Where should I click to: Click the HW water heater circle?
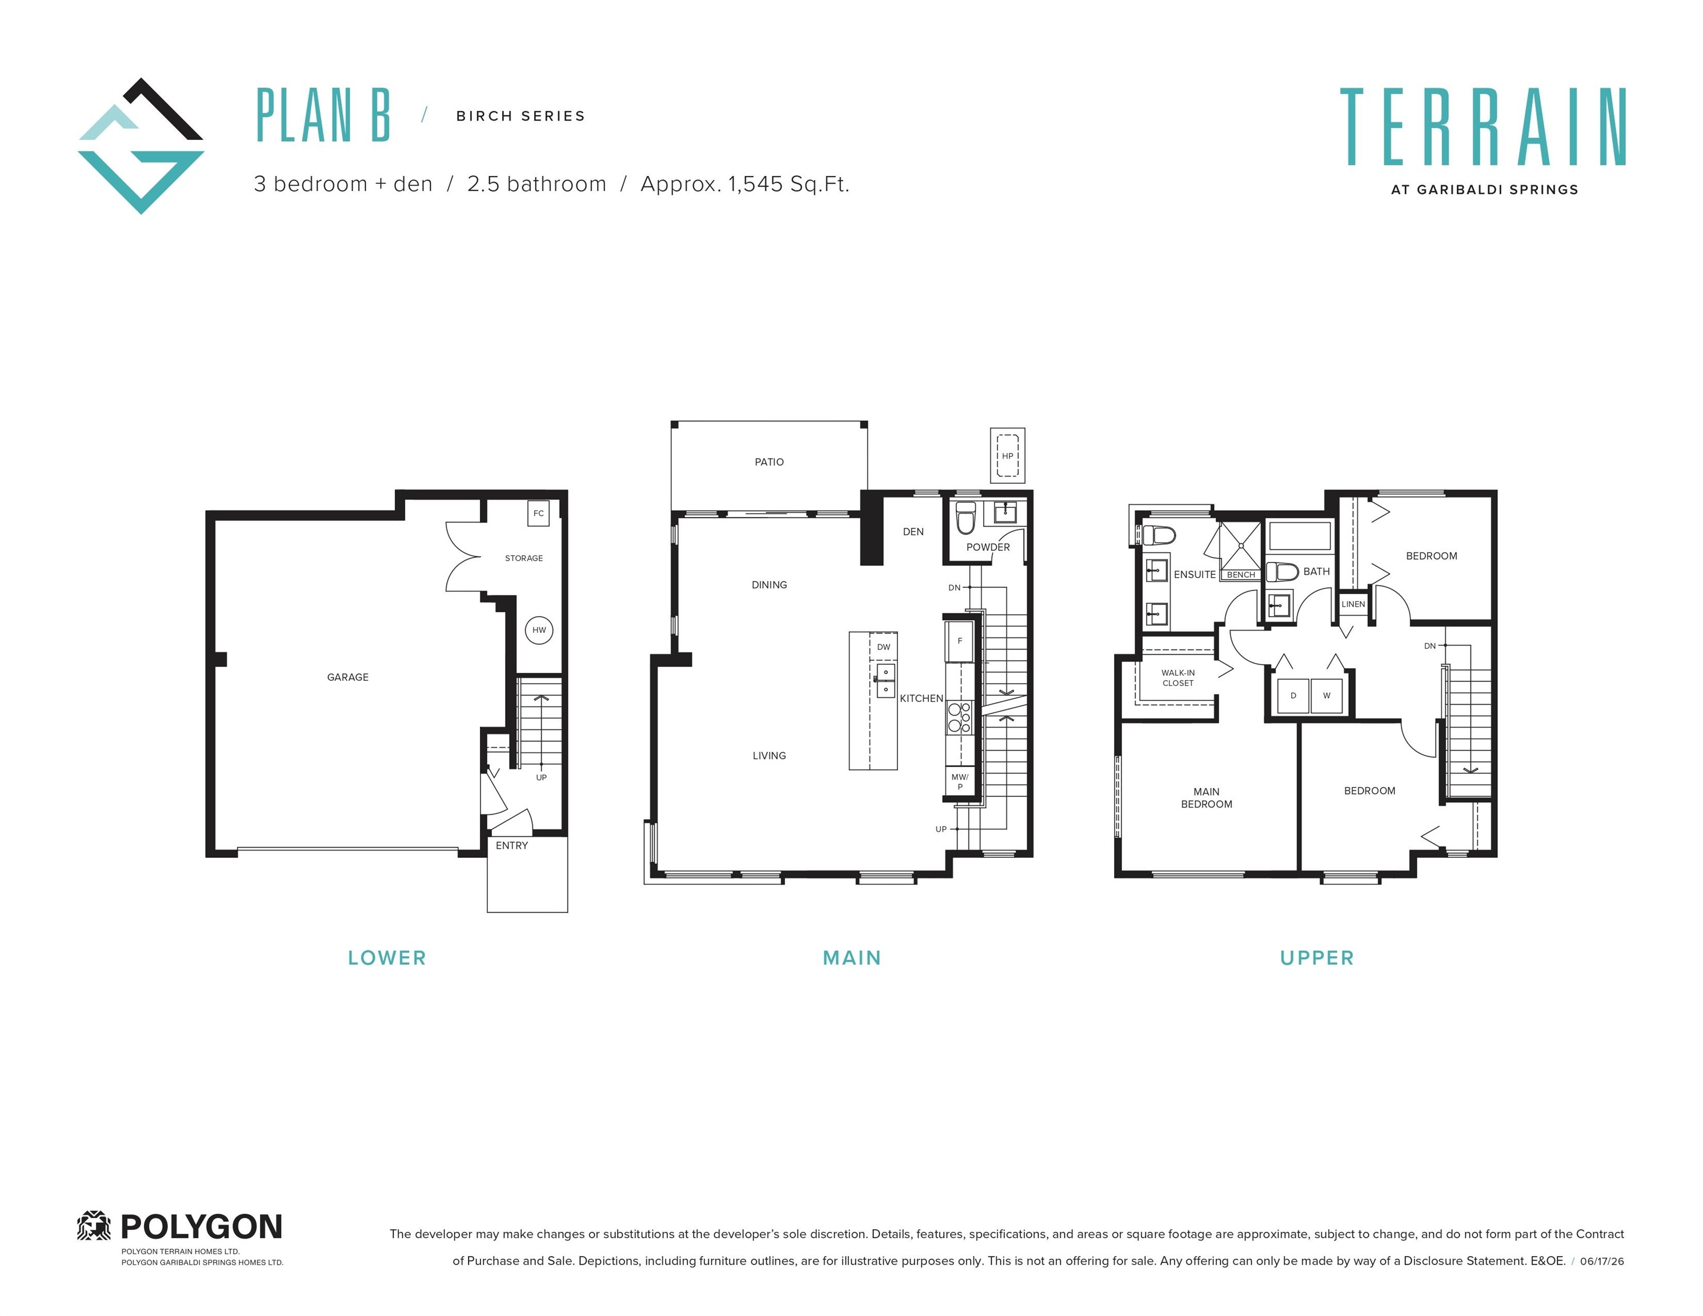point(539,630)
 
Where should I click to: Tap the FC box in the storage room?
point(538,513)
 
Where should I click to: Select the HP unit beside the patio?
point(1007,456)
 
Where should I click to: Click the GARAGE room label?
point(348,677)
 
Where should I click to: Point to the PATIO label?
point(769,462)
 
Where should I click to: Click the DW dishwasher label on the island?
point(883,647)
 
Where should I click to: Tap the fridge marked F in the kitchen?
point(960,641)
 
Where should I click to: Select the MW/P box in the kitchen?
point(960,782)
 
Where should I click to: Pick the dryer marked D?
point(1293,696)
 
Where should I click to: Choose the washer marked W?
point(1327,696)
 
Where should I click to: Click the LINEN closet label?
point(1354,604)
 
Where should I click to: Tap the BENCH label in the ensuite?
point(1241,575)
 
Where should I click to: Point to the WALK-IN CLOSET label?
point(1177,678)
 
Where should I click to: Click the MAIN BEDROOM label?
point(1207,797)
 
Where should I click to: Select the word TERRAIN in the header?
point(1483,126)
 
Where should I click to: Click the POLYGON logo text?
point(201,1227)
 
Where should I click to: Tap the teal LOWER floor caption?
point(387,958)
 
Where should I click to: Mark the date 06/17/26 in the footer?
point(1602,1261)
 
